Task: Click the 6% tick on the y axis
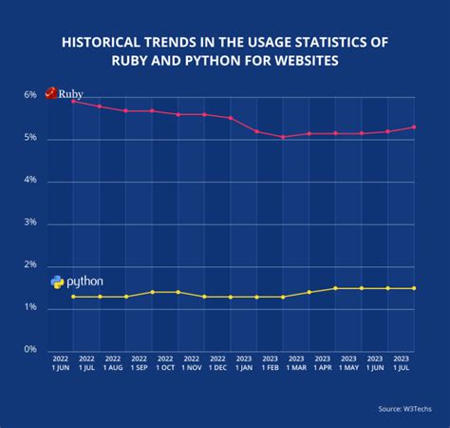pos(30,96)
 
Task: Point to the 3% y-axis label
pos(30,224)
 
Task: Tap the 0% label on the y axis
pos(30,350)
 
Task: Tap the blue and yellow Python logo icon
pos(57,282)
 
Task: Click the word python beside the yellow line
pos(85,282)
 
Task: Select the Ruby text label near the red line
pos(72,94)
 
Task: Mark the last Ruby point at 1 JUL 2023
pos(413,126)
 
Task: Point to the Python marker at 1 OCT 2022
pos(152,292)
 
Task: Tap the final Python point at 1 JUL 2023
pos(413,288)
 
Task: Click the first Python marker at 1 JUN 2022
pos(74,297)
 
